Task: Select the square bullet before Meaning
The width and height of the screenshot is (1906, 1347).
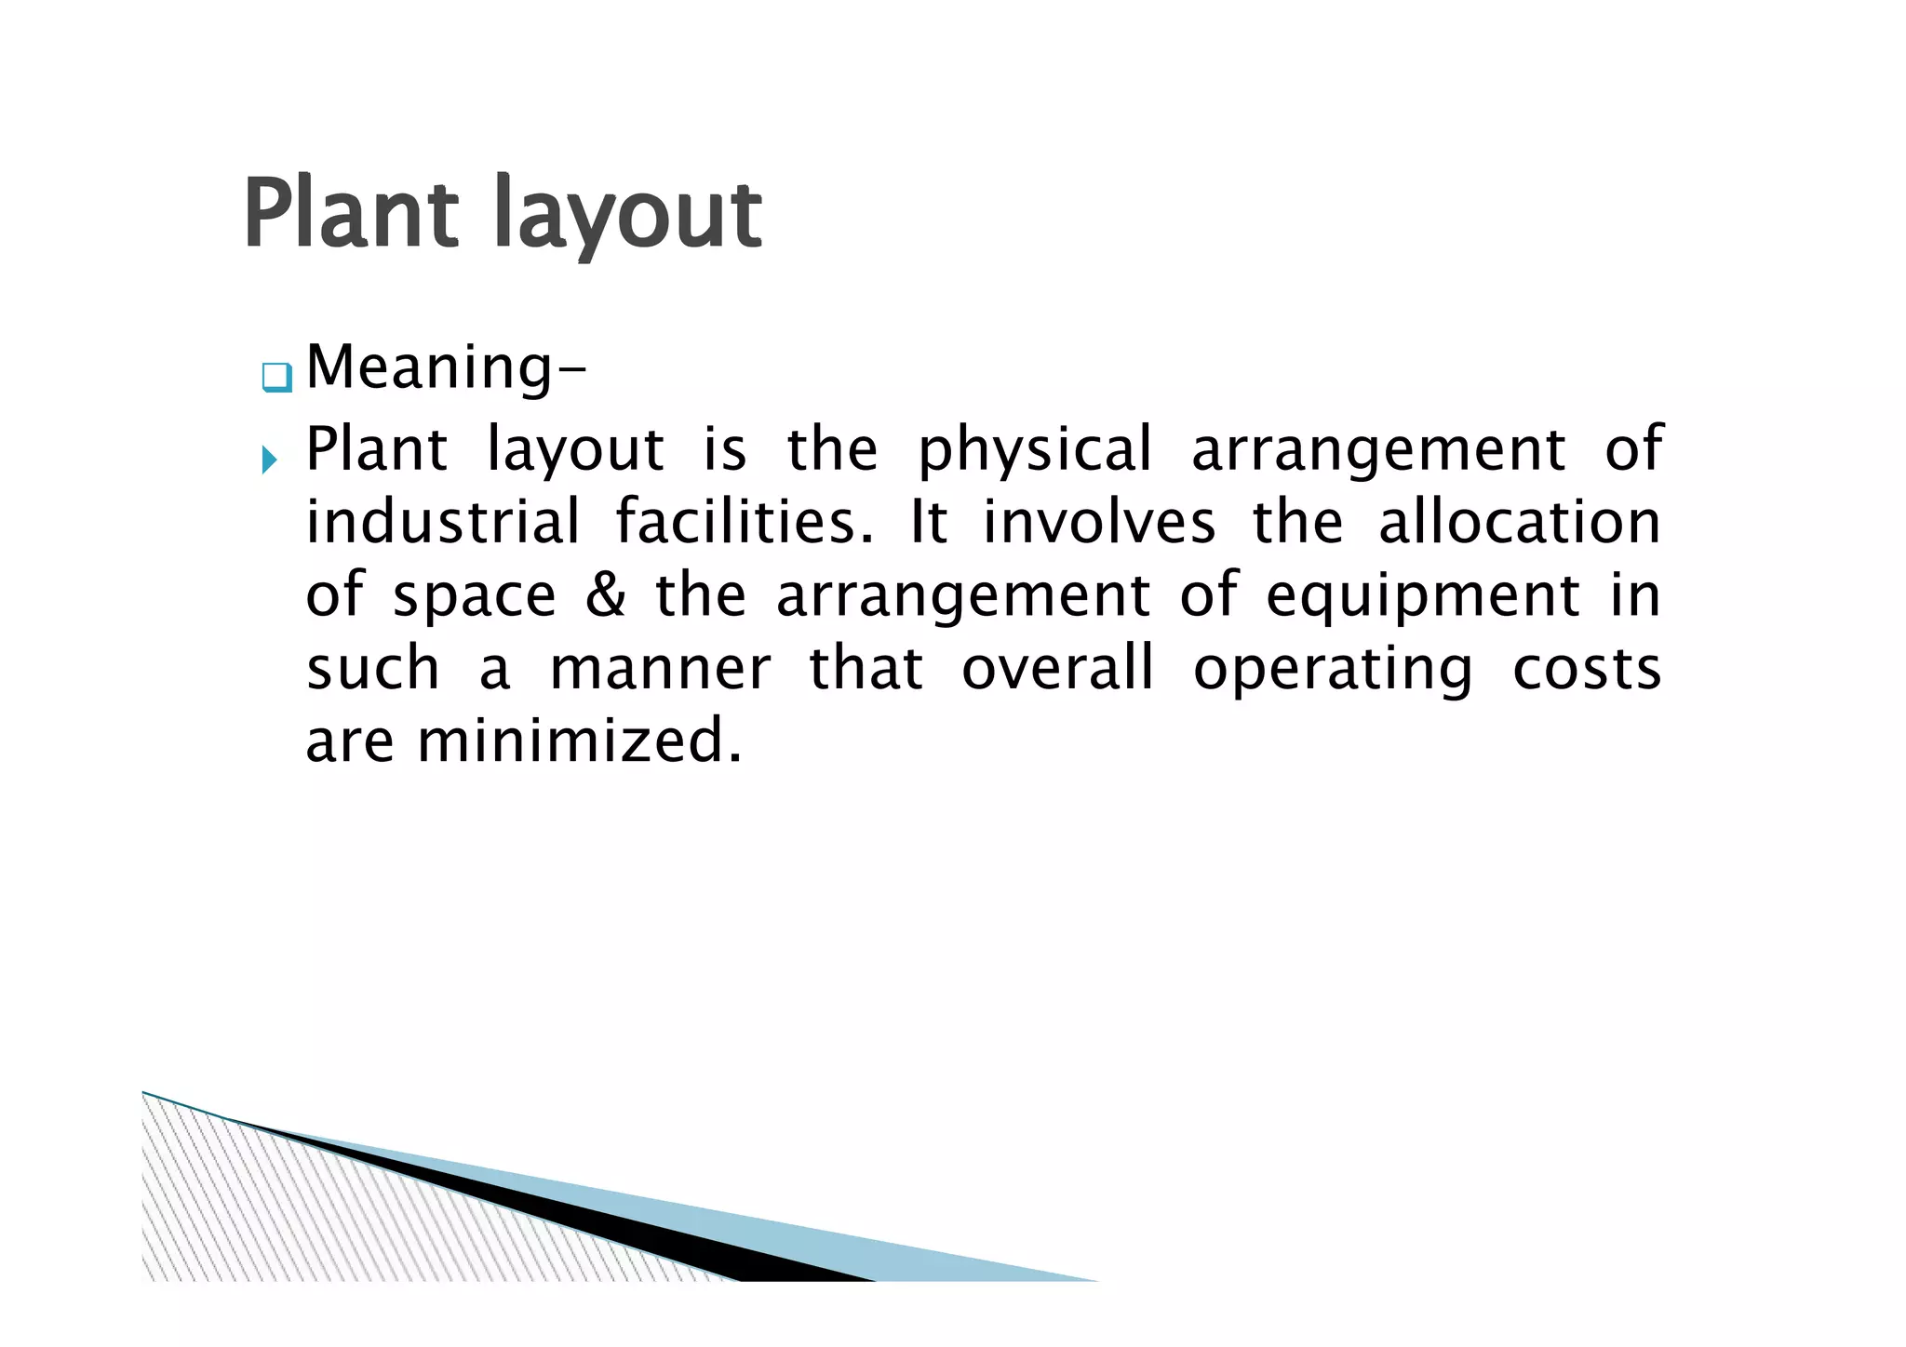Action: coord(276,378)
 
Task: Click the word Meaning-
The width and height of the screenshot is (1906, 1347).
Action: coord(446,368)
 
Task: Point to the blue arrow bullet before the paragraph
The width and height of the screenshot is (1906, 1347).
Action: coord(269,459)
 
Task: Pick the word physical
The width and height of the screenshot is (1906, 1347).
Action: coord(1034,451)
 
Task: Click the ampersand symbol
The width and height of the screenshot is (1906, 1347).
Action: coord(605,595)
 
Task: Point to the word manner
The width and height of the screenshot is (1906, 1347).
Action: coord(660,668)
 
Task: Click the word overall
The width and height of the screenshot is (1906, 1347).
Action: coord(1057,668)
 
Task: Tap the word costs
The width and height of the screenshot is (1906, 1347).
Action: coord(1586,668)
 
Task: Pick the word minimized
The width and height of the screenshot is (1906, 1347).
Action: coord(579,741)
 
